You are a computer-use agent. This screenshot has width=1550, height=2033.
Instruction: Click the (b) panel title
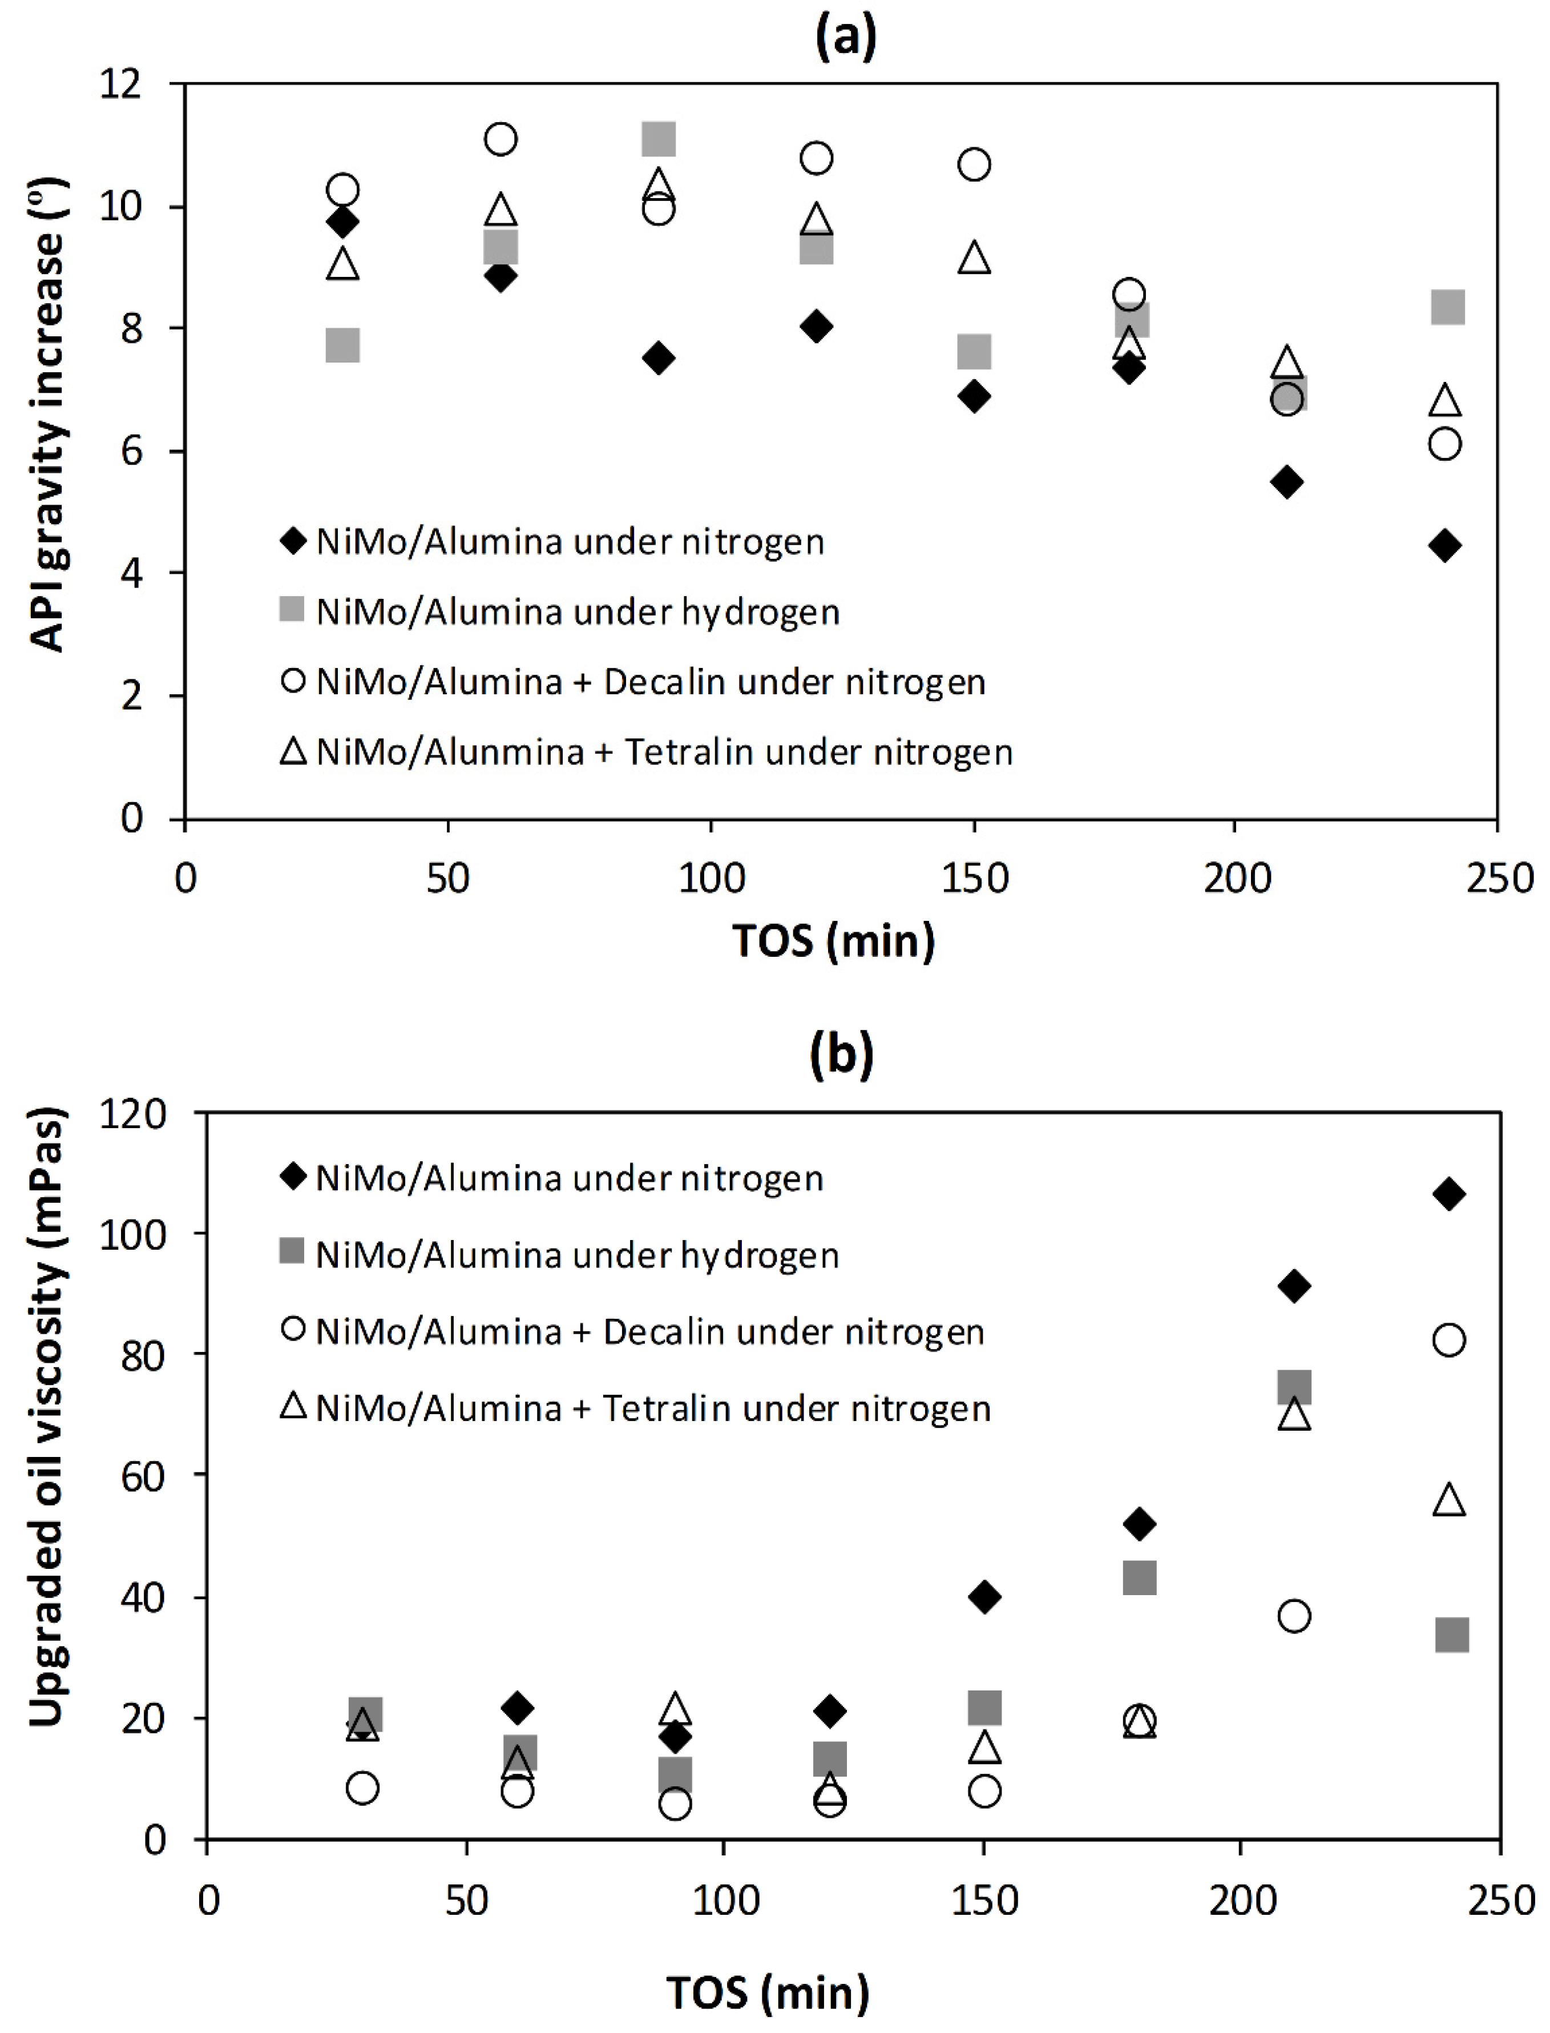841,1054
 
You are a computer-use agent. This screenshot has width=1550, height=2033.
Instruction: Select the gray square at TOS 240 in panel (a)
1447,307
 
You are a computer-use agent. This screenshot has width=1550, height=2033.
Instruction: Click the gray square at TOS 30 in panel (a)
342,346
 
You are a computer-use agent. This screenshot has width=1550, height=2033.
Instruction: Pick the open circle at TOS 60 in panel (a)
500,139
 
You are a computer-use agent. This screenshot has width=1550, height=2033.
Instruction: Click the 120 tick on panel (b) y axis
132,1114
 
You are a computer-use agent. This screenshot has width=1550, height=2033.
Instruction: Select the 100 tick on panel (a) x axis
711,877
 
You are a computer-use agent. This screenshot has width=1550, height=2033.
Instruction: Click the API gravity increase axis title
46,415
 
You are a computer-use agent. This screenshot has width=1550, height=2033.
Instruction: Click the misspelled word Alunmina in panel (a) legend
450,752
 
